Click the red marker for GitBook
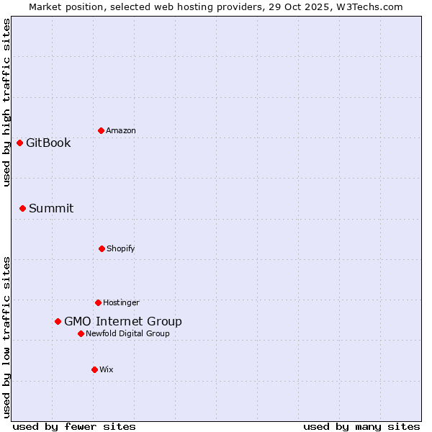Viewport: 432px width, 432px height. click(x=19, y=143)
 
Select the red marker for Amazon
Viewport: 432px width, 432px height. click(x=101, y=130)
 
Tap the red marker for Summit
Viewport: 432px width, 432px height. click(x=22, y=208)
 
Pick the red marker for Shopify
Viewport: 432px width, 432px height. click(x=102, y=248)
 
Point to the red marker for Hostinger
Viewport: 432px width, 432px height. click(x=98, y=302)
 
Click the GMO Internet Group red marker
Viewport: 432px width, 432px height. click(x=58, y=321)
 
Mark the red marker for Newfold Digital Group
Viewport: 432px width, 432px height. click(x=81, y=333)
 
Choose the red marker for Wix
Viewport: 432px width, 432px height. click(x=94, y=369)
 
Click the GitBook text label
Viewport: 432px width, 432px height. click(x=48, y=143)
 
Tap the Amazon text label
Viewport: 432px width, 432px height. click(x=121, y=130)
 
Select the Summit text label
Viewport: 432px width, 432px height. click(x=51, y=208)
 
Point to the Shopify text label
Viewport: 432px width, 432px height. click(x=121, y=248)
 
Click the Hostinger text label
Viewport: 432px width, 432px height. click(x=121, y=302)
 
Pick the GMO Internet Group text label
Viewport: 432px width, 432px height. click(x=123, y=321)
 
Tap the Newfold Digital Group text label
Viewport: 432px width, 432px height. click(x=128, y=333)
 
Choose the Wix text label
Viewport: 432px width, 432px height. click(x=107, y=369)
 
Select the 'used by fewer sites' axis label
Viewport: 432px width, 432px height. click(x=74, y=426)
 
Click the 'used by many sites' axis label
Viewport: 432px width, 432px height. click(x=361, y=426)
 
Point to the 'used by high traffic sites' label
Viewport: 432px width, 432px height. click(x=6, y=102)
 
